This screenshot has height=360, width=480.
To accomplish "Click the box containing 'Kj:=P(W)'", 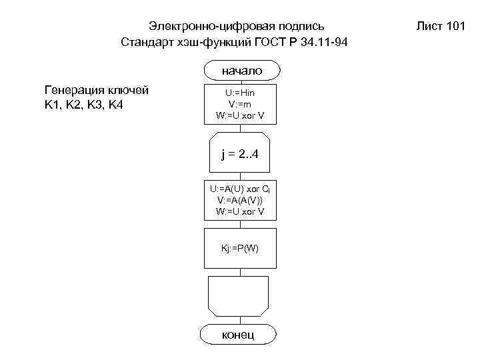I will point(240,248).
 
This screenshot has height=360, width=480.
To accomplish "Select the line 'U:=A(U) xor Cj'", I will point(240,189).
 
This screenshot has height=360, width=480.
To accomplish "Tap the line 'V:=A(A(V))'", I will point(240,200).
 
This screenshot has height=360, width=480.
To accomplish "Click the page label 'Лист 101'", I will point(440,27).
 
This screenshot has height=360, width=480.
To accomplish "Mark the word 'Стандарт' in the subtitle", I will point(146,42).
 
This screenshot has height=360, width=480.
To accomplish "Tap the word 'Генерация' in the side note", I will point(73,89).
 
